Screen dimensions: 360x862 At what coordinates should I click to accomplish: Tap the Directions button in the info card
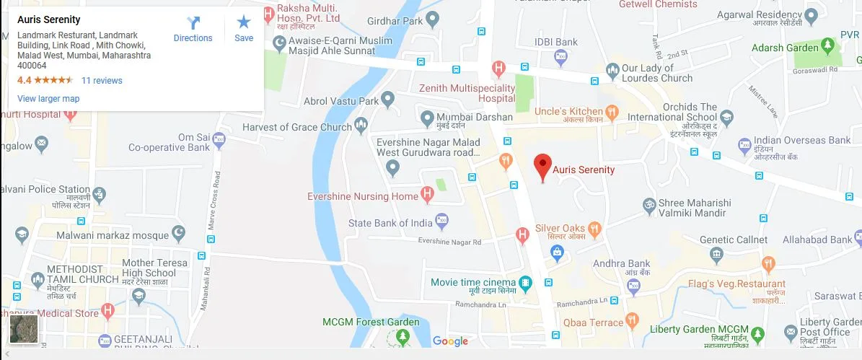tap(193, 30)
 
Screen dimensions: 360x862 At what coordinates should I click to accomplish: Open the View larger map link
tap(48, 99)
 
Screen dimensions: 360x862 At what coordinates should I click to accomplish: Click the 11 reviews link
tap(102, 81)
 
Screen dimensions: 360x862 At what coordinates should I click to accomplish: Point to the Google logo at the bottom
tap(450, 341)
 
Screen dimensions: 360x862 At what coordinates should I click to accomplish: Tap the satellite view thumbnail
tap(24, 330)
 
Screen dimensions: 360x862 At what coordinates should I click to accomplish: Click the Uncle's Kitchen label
tap(568, 111)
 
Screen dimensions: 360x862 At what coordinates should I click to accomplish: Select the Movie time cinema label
tap(473, 282)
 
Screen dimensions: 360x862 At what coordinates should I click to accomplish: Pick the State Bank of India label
tap(390, 223)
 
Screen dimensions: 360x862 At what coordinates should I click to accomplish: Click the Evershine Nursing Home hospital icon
tap(428, 195)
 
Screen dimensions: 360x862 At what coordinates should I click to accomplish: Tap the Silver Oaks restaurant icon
tap(595, 229)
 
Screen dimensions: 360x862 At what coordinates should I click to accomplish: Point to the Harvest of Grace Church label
tap(297, 128)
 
